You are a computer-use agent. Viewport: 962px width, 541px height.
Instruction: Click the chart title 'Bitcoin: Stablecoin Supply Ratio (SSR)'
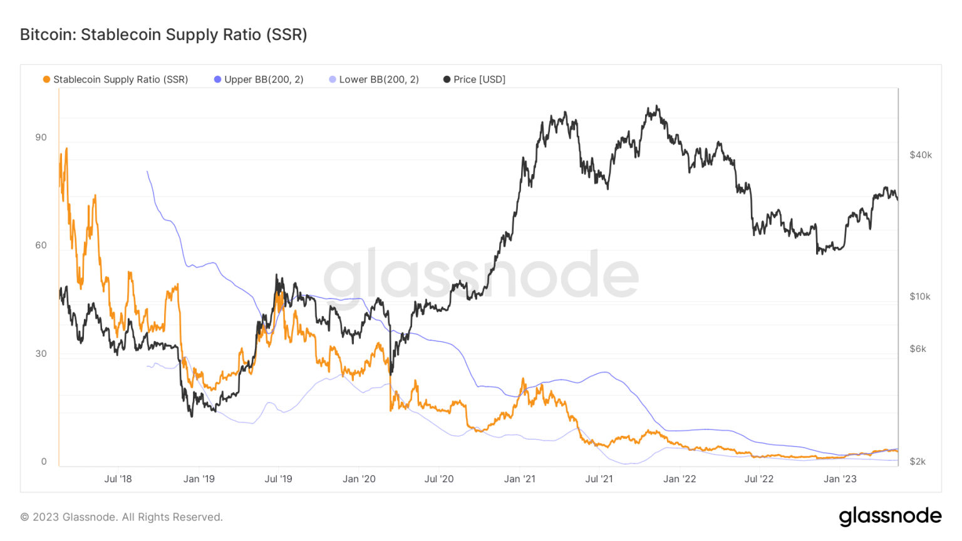pyautogui.click(x=163, y=34)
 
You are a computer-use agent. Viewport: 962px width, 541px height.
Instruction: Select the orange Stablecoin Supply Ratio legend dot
pyautogui.click(x=46, y=80)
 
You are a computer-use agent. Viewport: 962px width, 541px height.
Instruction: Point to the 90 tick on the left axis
pyautogui.click(x=41, y=137)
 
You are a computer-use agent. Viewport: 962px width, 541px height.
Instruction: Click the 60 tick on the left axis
pyautogui.click(x=41, y=245)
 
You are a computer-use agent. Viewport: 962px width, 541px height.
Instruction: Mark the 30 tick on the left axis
pyautogui.click(x=41, y=353)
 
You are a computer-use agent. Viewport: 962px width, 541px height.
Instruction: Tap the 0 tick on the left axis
pyautogui.click(x=44, y=461)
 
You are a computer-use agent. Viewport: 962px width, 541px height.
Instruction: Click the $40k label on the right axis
pyautogui.click(x=920, y=155)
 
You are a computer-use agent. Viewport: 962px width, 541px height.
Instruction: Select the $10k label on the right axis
pyautogui.click(x=919, y=296)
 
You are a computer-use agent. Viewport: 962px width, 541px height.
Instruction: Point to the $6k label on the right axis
pyautogui.click(x=918, y=349)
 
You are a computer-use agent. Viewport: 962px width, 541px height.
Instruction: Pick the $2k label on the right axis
pyautogui.click(x=918, y=461)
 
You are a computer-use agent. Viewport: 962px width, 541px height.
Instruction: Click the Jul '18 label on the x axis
pyautogui.click(x=118, y=479)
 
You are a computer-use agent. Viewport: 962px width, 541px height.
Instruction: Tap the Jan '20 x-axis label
pyautogui.click(x=359, y=479)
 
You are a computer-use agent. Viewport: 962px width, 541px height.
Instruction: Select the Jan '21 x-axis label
pyautogui.click(x=519, y=479)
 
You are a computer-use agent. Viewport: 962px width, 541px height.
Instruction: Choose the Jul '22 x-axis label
pyautogui.click(x=758, y=479)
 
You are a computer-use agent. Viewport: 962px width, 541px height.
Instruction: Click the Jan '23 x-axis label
pyautogui.click(x=839, y=479)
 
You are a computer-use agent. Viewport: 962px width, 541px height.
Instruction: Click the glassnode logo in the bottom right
pyautogui.click(x=890, y=516)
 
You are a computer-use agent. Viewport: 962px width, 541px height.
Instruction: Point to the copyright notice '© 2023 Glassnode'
pyautogui.click(x=122, y=517)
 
